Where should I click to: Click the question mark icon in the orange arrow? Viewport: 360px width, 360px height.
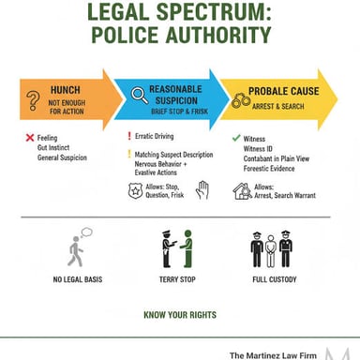(x=33, y=100)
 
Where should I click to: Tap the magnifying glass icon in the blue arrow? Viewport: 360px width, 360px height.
(x=140, y=96)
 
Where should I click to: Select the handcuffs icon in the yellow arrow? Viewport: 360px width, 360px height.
(x=241, y=100)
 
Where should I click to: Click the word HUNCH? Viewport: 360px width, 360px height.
(x=66, y=90)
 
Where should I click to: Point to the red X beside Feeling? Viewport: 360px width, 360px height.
(x=30, y=138)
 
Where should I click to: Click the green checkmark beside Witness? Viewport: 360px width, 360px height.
(x=236, y=138)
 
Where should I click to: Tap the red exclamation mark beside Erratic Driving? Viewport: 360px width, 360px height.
(x=129, y=136)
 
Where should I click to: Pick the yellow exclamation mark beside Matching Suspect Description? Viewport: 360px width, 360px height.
(x=129, y=154)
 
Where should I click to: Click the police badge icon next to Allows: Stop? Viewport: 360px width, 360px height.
(x=135, y=190)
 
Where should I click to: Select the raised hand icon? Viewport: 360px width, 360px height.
(x=202, y=189)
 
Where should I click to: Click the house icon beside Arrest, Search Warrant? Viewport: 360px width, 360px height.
(x=242, y=191)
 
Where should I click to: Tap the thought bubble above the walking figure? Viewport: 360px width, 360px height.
(x=86, y=232)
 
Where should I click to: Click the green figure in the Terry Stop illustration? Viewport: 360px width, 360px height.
(x=187, y=248)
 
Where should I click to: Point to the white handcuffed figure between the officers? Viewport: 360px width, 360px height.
(x=271, y=251)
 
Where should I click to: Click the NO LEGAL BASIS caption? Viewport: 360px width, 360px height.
(x=78, y=279)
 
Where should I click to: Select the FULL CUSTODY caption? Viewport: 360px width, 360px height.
(x=275, y=279)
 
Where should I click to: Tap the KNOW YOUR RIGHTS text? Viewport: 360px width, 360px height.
(x=180, y=315)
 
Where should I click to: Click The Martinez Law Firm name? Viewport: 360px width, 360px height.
(x=273, y=355)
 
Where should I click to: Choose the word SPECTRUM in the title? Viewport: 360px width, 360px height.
(x=214, y=12)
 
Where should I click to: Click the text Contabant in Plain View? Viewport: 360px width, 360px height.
(x=277, y=158)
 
